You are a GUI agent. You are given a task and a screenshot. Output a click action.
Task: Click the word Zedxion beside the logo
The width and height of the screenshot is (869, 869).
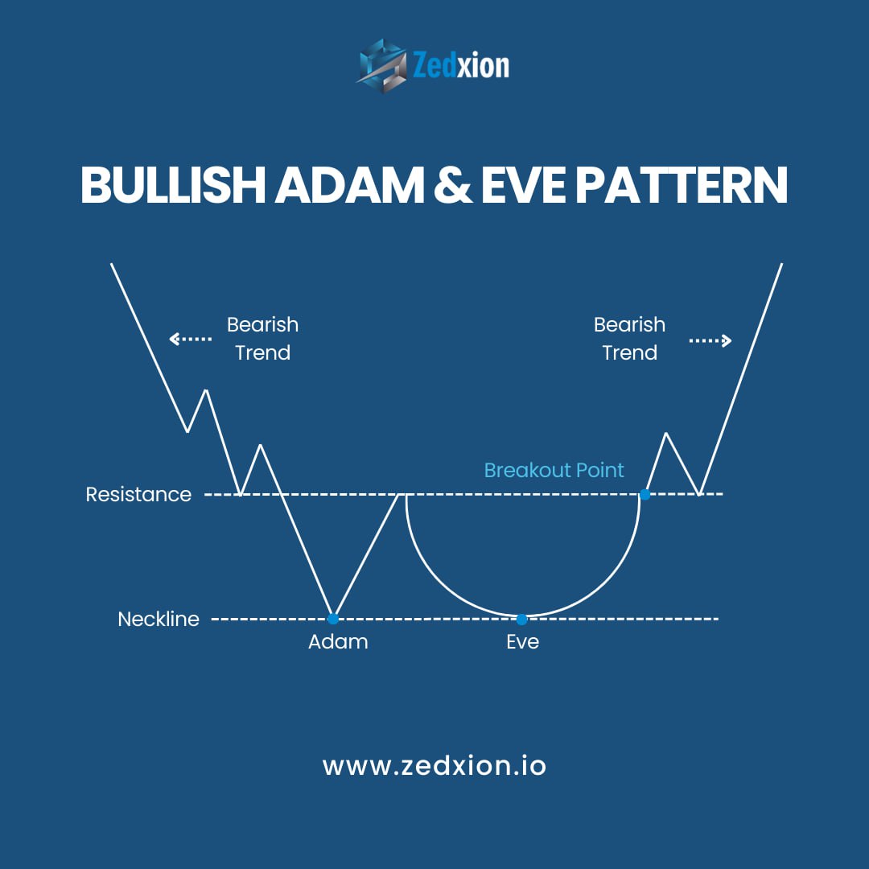(x=461, y=65)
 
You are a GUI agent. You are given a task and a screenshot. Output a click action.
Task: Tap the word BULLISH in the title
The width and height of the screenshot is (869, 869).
(x=173, y=185)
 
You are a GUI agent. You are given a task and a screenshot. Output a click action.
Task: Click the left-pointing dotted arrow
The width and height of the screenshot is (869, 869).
(x=190, y=339)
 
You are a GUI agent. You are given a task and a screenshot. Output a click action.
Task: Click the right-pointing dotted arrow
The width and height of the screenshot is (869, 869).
(x=710, y=340)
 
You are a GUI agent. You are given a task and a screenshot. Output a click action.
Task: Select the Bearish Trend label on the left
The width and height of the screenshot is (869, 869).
(x=262, y=339)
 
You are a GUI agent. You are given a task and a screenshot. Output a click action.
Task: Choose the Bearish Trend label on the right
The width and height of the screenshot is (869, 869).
(x=629, y=339)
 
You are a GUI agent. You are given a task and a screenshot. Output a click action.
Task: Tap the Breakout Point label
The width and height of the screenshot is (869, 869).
(x=554, y=470)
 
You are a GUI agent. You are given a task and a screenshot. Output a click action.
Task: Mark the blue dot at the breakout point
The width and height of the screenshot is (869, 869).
(x=645, y=493)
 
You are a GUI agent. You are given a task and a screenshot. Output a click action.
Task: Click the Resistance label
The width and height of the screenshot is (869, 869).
(x=138, y=494)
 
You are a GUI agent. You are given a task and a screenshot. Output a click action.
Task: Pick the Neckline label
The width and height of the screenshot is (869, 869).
(x=159, y=619)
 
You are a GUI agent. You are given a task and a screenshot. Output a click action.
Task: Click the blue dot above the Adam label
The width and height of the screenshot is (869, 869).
(x=333, y=619)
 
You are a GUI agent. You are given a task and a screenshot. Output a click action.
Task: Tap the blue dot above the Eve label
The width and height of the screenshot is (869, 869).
(x=522, y=619)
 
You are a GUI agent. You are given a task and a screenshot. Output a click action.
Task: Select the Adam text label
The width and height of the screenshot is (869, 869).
(x=338, y=642)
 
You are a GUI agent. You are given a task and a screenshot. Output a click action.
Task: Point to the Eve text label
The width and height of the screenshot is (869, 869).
(x=522, y=642)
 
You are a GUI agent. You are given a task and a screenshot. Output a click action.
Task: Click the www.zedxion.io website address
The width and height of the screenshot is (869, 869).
(x=434, y=765)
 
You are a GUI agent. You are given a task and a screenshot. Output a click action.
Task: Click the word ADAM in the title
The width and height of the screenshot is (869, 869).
(x=350, y=185)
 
